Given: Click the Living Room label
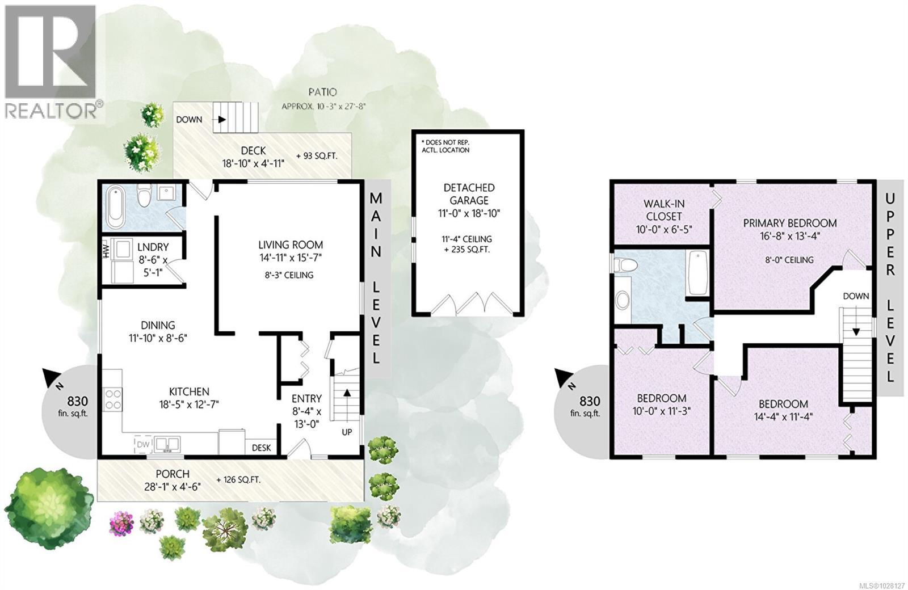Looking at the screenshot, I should [291, 245].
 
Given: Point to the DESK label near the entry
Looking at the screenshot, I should [262, 448].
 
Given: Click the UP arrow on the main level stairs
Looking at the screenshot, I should [347, 393].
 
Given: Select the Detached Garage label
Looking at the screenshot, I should [469, 194].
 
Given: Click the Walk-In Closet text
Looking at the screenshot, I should [663, 210].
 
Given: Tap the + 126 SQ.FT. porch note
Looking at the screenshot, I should [238, 480].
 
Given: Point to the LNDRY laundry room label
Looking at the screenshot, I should [153, 247].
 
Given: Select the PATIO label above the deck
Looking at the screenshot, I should [322, 92].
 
